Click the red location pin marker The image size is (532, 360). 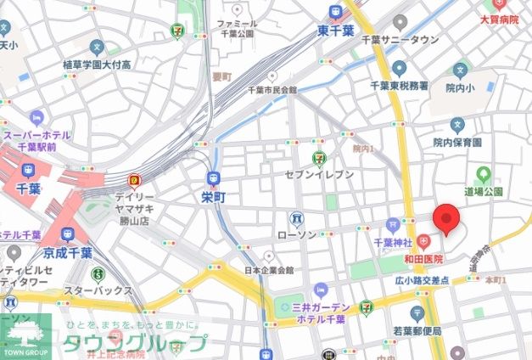[446, 220]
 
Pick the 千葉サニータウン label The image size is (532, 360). [400, 39]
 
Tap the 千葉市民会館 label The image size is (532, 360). [272, 90]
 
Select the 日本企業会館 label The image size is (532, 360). [269, 270]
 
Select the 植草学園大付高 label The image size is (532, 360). [97, 65]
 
